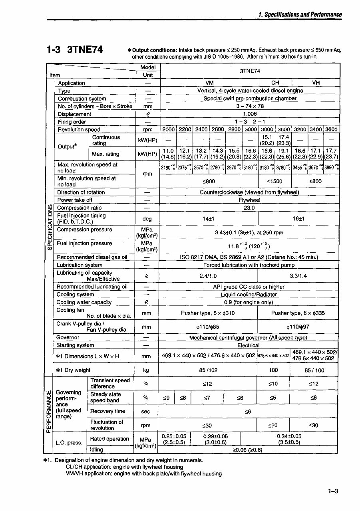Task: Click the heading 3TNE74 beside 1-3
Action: [84, 50]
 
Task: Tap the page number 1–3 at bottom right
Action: [333, 491]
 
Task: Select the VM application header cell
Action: [209, 83]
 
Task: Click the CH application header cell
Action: [275, 83]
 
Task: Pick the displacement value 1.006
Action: [250, 114]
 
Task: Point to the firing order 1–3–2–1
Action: [250, 122]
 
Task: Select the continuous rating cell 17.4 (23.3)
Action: [283, 140]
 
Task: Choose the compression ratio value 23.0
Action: [249, 208]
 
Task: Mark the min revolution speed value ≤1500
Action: [275, 181]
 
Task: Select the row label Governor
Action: [68, 337]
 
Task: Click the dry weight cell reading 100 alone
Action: [273, 370]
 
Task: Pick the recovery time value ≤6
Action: [248, 411]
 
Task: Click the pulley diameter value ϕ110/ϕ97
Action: [298, 327]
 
